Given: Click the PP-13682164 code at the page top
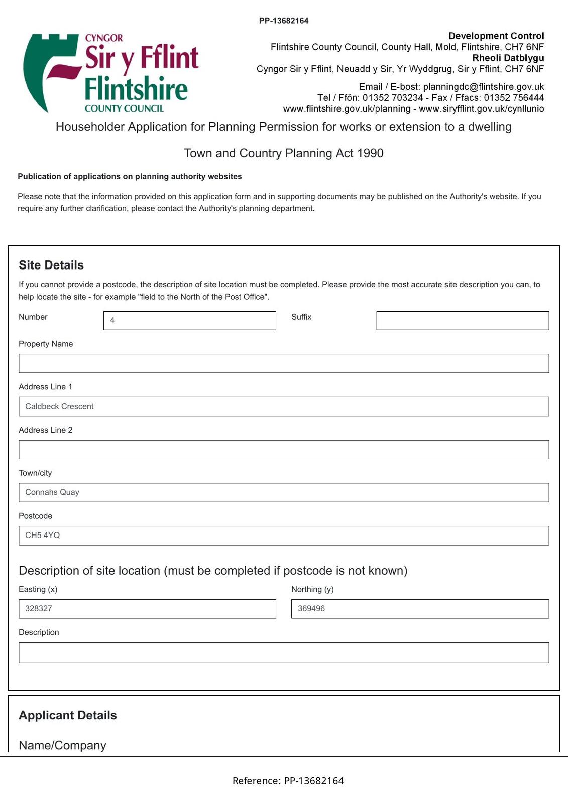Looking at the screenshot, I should click(x=284, y=21).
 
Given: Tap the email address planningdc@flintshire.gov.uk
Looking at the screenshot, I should click(x=483, y=87).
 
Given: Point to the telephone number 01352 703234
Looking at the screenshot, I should click(x=393, y=98).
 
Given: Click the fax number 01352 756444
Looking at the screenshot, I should click(x=514, y=98).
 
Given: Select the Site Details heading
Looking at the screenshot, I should click(x=51, y=265).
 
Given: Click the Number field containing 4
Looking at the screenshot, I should click(x=190, y=320).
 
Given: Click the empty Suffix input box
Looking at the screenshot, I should click(x=463, y=320).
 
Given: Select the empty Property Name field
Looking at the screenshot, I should click(x=284, y=363).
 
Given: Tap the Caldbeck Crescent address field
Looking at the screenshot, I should click(x=284, y=407).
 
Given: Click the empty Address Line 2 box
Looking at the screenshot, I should click(x=284, y=450).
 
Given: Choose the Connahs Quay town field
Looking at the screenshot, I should click(x=284, y=492).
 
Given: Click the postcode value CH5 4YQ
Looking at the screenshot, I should click(x=43, y=536).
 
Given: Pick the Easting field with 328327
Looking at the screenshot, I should click(x=147, y=609).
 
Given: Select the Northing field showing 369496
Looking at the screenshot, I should click(x=420, y=609).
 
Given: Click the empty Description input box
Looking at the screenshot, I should click(x=284, y=653).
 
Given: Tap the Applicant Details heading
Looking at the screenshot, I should click(x=68, y=715).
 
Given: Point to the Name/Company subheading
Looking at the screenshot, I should click(x=62, y=745).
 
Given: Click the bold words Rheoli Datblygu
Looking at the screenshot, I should click(x=508, y=58).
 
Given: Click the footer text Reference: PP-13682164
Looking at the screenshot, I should click(x=288, y=781).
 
